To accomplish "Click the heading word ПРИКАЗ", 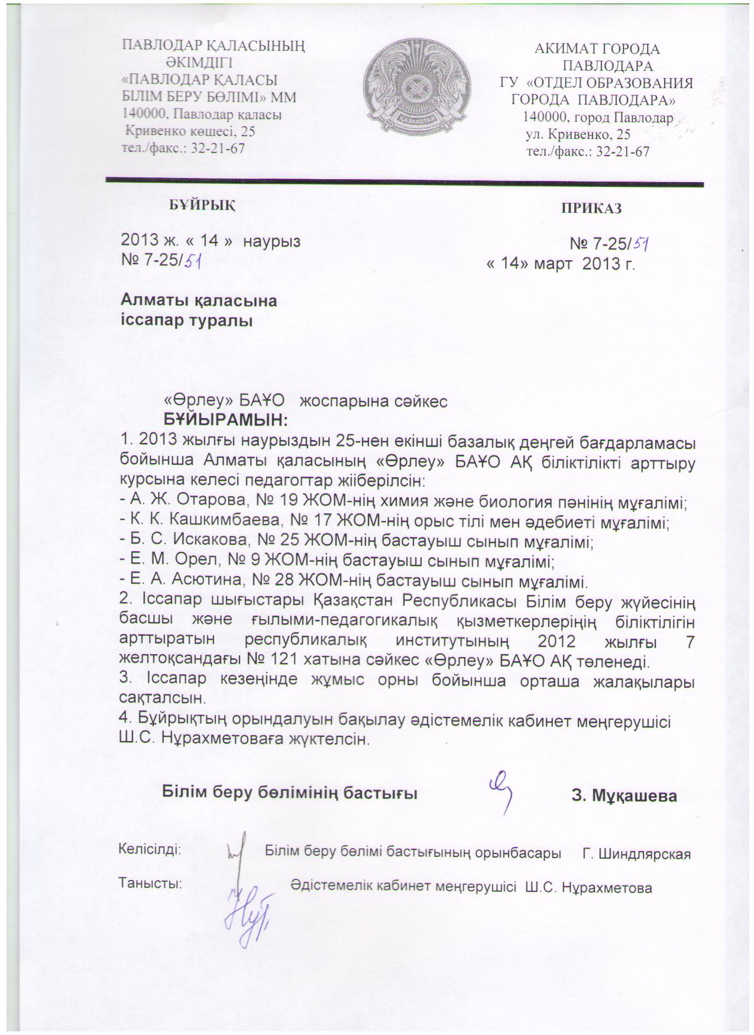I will [x=592, y=208].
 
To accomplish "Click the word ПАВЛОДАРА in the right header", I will [x=608, y=65].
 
